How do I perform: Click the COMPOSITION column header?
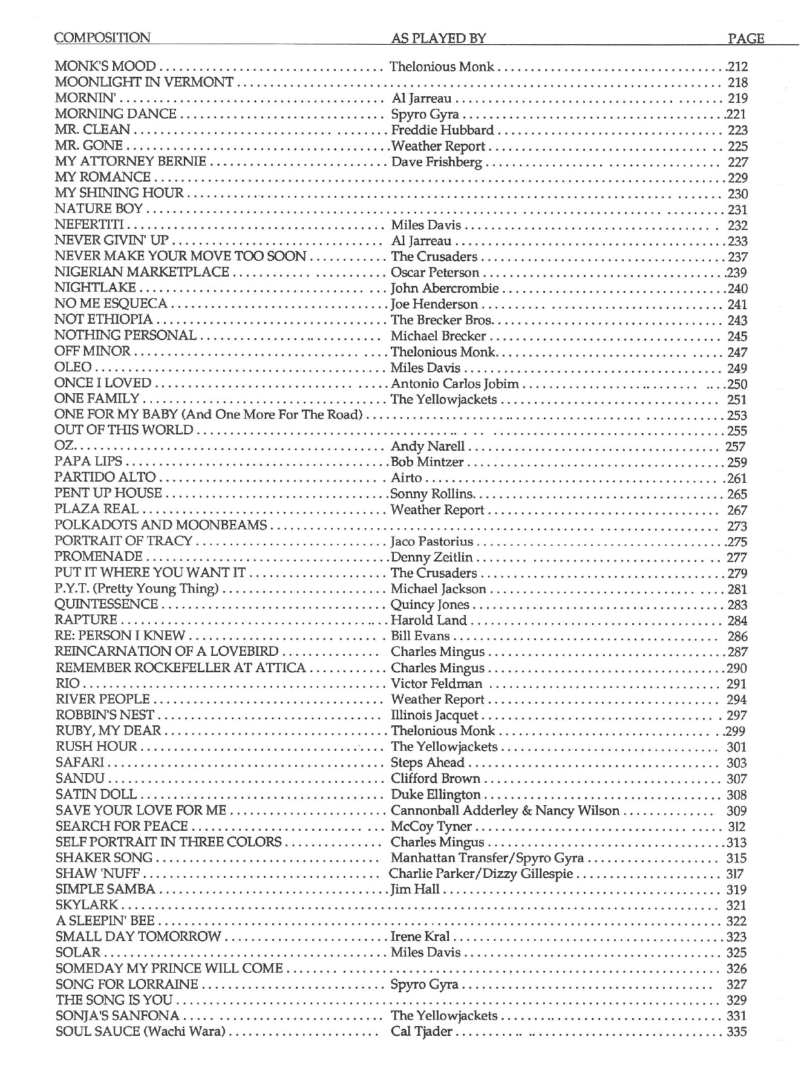tap(102, 38)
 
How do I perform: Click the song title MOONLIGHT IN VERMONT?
tap(144, 82)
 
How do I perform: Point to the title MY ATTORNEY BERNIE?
tap(130, 162)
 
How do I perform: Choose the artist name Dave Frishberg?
tap(436, 162)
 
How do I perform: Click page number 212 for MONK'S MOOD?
tap(737, 67)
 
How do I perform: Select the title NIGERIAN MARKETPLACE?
tap(142, 273)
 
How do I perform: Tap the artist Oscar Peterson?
tap(434, 273)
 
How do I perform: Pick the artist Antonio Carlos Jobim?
tap(454, 384)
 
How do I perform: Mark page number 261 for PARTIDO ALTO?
tap(737, 479)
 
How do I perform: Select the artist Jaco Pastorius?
tap(431, 542)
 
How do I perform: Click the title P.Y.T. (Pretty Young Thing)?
tap(136, 589)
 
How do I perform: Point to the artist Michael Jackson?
tap(438, 589)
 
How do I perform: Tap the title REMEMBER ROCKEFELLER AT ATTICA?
tap(180, 669)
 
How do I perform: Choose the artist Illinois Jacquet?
tap(434, 716)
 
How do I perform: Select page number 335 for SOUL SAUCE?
tap(737, 1032)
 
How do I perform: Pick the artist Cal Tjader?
tap(421, 1032)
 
